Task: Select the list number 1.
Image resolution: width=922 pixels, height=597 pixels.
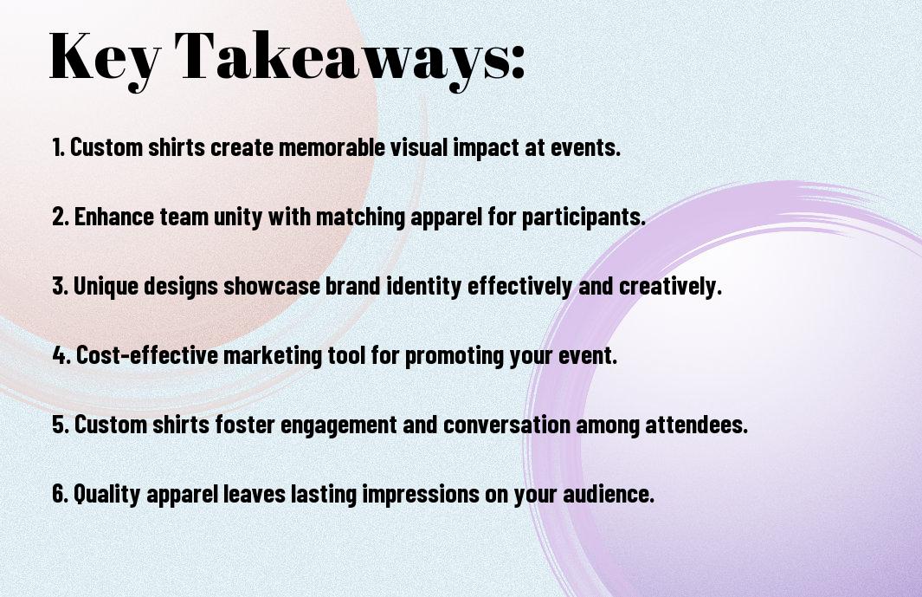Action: (58, 147)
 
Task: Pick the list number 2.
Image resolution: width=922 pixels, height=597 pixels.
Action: (61, 217)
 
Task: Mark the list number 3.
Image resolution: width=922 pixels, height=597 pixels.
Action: (61, 286)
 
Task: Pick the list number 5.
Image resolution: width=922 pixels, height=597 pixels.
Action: (61, 425)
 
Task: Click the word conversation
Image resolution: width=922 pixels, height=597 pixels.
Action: (506, 425)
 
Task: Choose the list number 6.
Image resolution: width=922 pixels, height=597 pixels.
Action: (61, 494)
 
